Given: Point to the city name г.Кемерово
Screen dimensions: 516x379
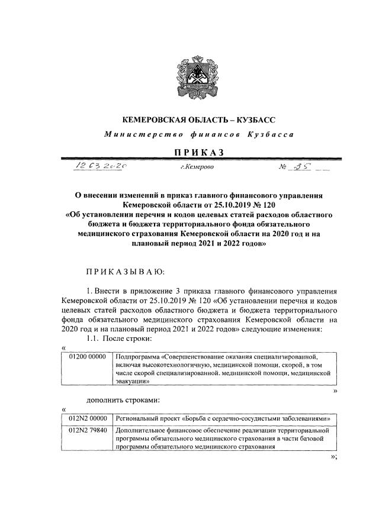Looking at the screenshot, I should click(x=198, y=169).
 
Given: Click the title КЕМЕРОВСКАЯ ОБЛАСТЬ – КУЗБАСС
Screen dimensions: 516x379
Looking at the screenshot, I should click(x=198, y=120).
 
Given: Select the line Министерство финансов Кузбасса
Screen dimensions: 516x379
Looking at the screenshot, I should click(x=198, y=134).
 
